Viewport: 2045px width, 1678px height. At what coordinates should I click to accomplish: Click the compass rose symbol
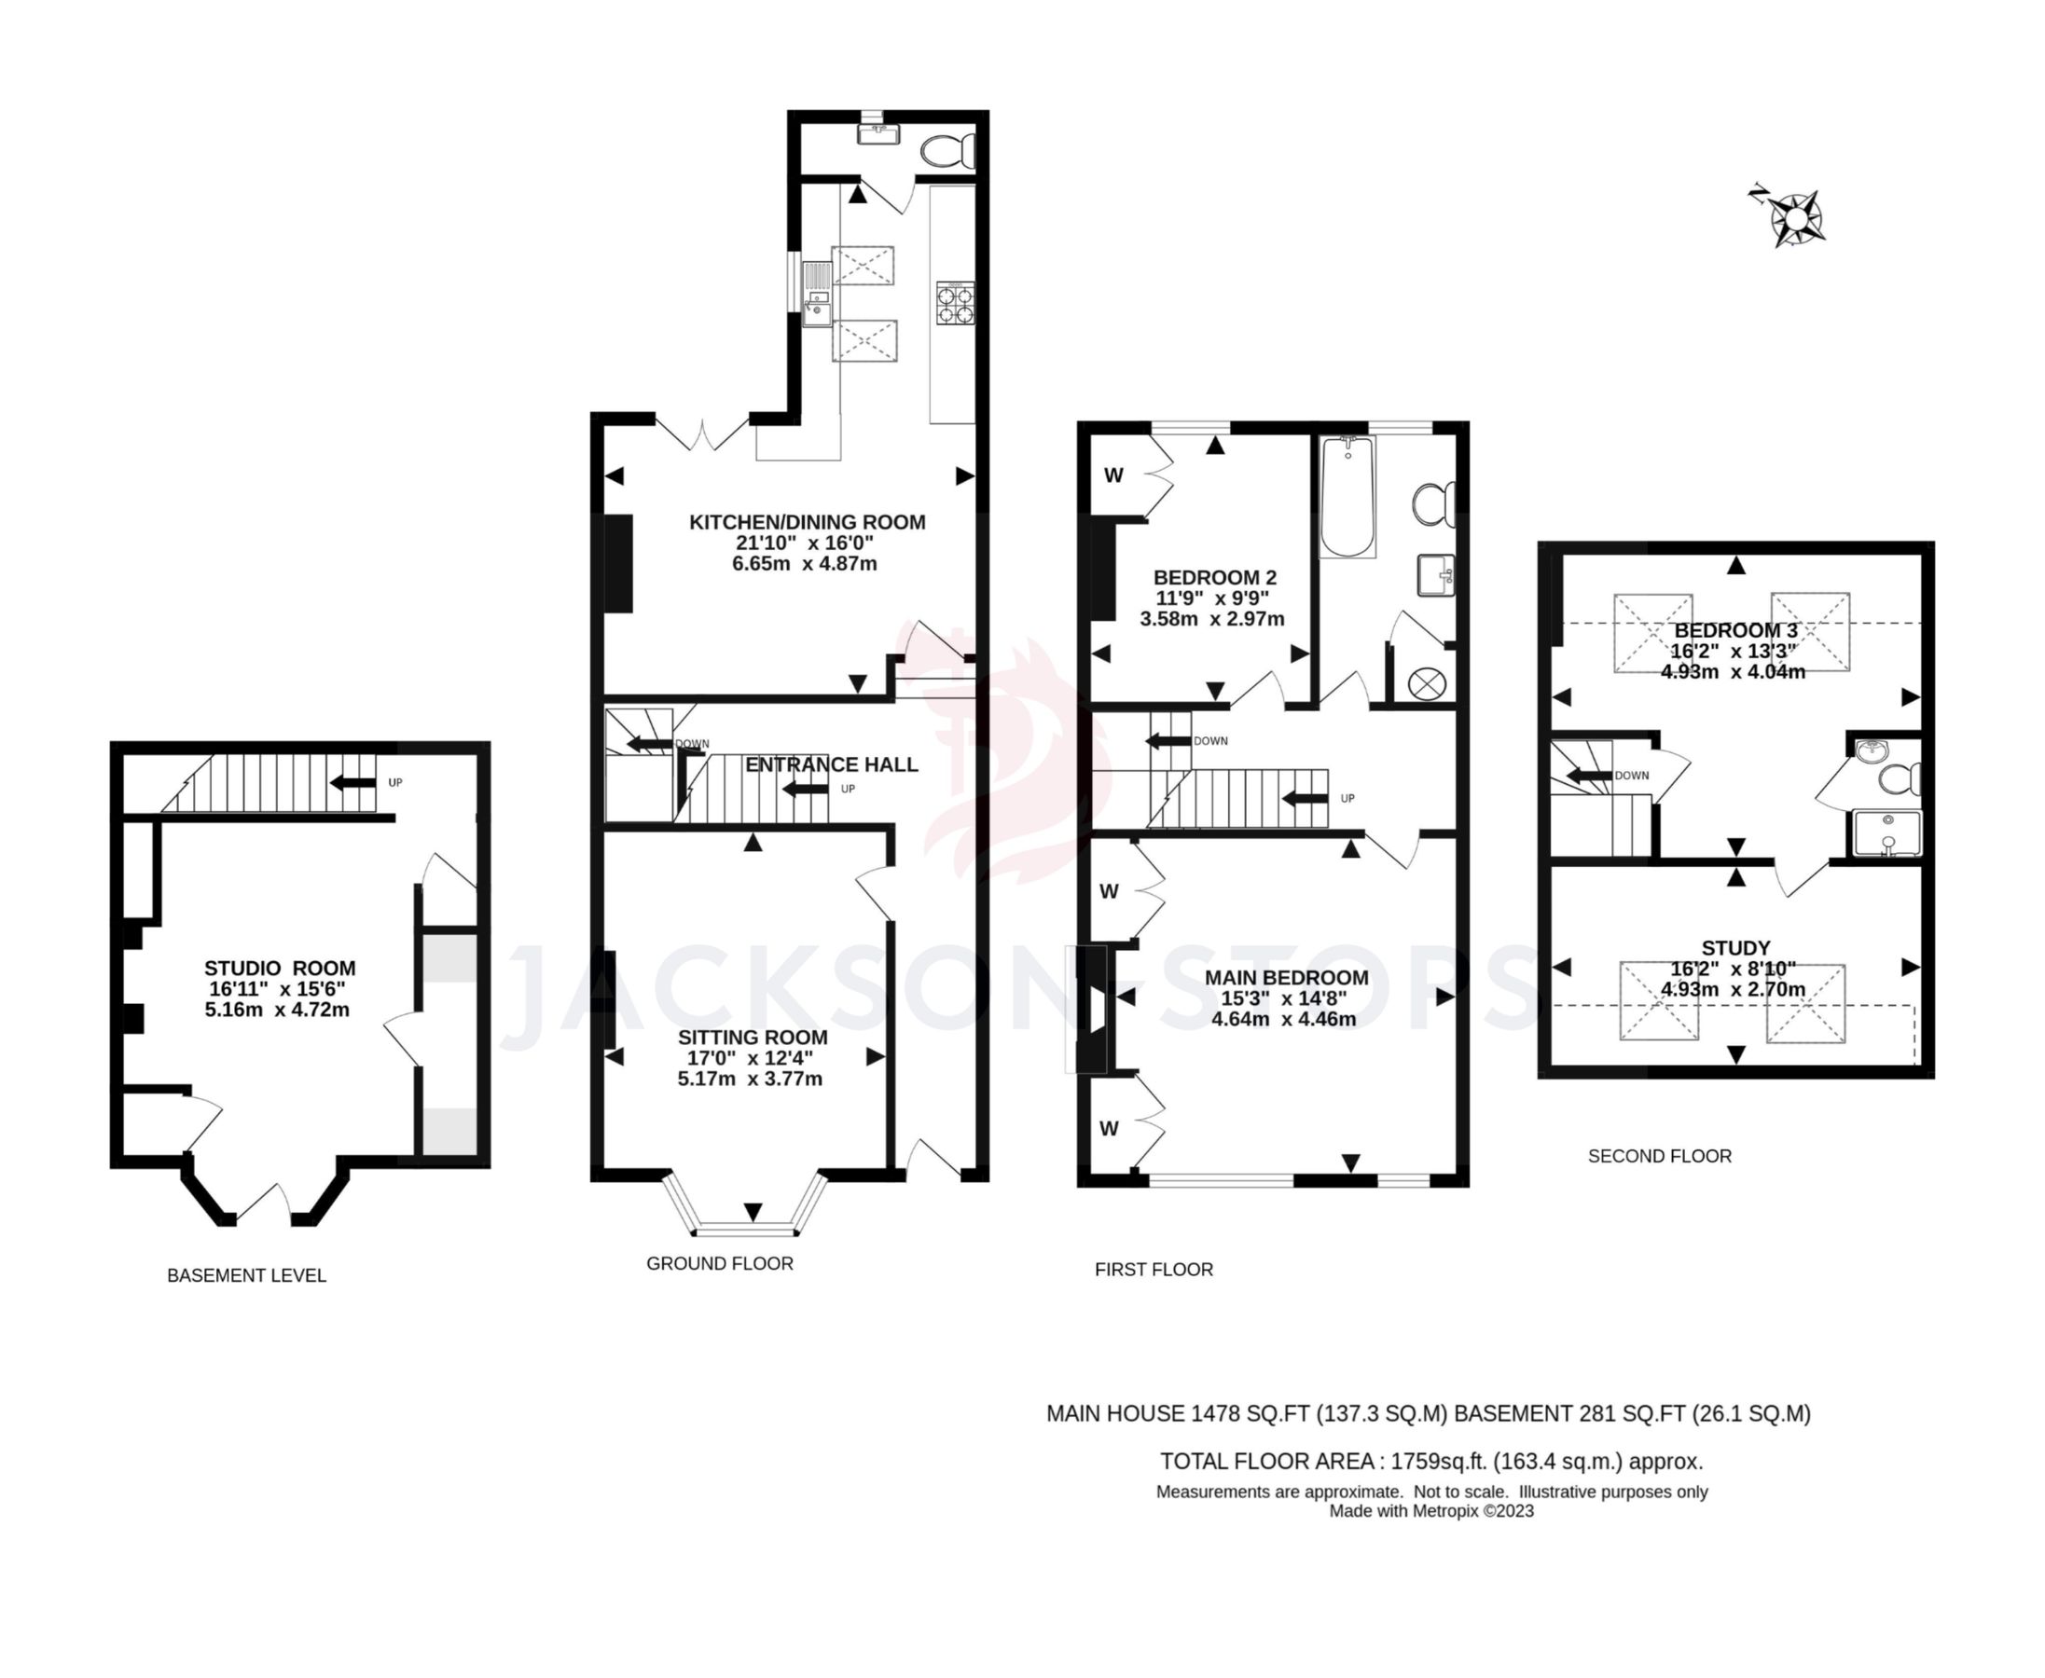1794,220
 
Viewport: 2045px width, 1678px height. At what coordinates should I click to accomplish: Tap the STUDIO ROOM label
280,969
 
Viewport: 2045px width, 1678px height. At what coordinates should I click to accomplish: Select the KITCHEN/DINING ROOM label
807,522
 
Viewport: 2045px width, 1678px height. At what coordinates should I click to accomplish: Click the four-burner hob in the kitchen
954,303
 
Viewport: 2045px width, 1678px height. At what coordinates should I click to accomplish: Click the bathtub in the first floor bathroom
1347,496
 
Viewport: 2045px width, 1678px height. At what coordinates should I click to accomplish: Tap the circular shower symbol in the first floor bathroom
1426,684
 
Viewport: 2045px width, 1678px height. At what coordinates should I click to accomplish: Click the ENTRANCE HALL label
831,764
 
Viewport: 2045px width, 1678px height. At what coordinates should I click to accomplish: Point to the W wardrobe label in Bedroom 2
1113,475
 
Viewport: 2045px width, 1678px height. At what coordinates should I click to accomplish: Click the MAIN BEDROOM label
1285,977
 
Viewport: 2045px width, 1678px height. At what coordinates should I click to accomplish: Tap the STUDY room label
1734,948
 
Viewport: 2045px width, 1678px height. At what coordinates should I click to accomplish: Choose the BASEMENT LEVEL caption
246,1276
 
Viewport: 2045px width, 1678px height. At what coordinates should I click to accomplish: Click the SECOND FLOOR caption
1659,1156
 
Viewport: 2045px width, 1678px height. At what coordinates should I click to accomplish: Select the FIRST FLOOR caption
1154,1269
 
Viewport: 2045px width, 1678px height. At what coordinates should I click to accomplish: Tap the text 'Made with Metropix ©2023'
1431,1512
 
